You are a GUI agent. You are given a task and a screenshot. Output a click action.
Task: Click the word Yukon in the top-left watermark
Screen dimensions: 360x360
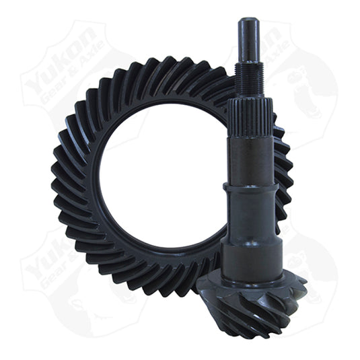(57, 65)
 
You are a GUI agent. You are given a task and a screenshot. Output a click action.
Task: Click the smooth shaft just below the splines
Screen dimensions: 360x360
(250, 158)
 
